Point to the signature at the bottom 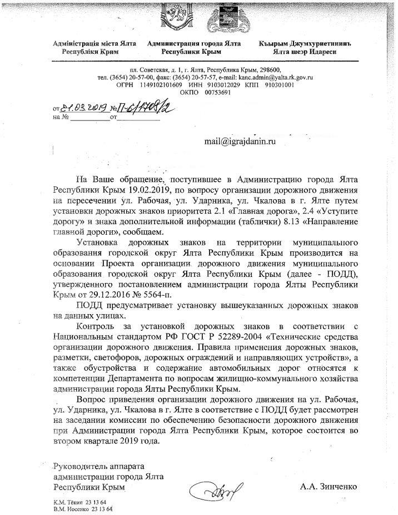[x=215, y=489]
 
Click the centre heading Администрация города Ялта [x=191, y=43]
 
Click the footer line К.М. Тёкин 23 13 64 [x=79, y=502]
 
